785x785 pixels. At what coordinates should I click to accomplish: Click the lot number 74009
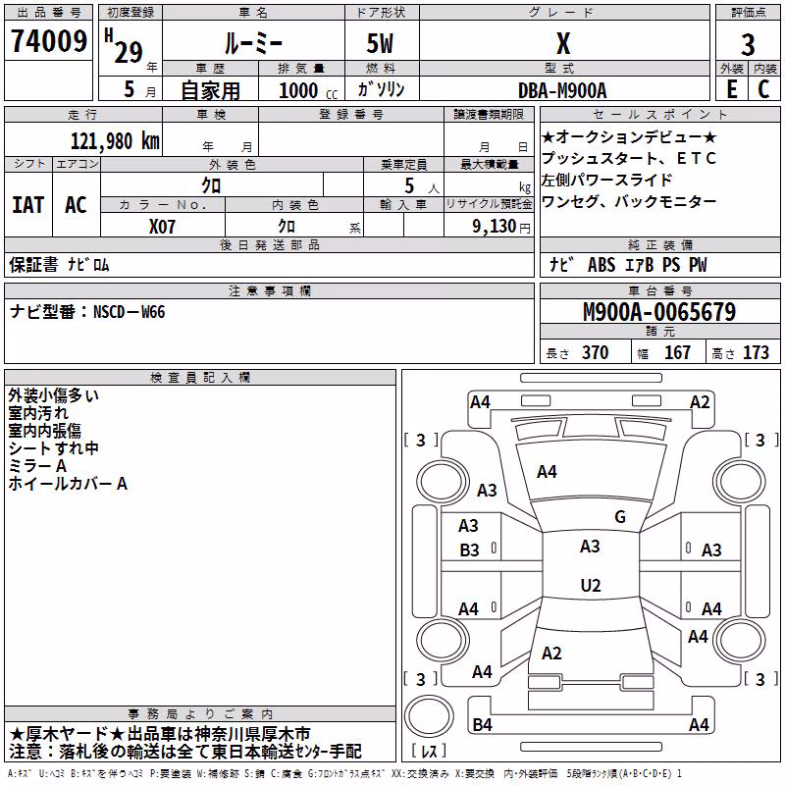point(49,41)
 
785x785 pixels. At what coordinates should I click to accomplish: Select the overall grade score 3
point(748,45)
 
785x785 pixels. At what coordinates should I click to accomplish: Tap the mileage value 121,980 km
point(115,141)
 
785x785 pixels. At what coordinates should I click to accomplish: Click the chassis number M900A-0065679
point(659,312)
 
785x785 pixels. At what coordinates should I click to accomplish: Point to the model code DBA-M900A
point(562,90)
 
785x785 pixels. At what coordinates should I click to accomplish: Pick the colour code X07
point(162,227)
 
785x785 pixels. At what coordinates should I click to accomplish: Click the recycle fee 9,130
point(495,227)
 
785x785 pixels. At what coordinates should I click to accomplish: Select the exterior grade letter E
point(731,89)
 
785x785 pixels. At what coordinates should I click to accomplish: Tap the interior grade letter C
point(763,89)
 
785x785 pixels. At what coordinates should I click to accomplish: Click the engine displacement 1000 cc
point(308,90)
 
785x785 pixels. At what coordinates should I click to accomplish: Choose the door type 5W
point(380,43)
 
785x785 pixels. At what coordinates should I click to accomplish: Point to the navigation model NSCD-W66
point(130,312)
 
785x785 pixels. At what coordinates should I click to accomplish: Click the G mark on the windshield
point(620,517)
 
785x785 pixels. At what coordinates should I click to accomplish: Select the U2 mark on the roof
point(591,585)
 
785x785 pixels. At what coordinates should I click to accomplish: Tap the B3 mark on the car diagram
point(469,550)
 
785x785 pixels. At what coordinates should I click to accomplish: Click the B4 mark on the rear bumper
point(482,724)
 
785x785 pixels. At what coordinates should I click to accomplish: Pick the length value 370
point(595,352)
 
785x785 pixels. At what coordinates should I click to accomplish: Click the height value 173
point(756,352)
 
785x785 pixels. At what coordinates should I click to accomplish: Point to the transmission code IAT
point(28,205)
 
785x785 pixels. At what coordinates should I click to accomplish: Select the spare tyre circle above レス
point(429,716)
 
